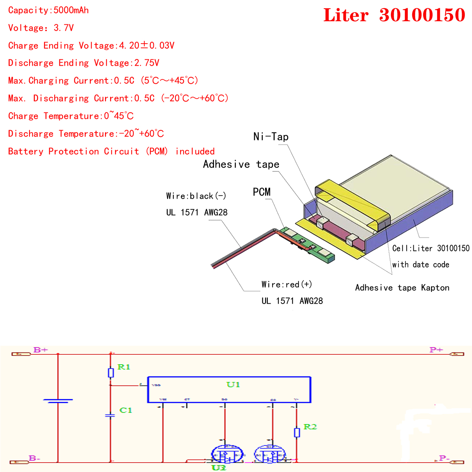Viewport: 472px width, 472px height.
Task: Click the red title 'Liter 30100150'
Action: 394,15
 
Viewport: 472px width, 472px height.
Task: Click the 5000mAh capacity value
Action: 71,10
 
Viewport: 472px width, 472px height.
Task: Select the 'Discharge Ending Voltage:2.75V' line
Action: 83,63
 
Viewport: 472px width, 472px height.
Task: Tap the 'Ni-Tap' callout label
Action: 271,137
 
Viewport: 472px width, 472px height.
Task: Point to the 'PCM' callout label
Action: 262,192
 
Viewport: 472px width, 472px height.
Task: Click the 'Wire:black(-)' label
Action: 196,196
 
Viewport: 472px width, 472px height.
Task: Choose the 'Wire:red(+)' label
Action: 286,284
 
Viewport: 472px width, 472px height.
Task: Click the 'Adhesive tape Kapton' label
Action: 402,288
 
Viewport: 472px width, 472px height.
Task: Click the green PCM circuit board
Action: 311,246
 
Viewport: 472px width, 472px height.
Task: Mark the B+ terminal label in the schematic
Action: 41,350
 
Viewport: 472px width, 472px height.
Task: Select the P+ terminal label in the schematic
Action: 436,350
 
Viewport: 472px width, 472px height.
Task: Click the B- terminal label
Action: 35,458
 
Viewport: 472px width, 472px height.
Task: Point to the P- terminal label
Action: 444,458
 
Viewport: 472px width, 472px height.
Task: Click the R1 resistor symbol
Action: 111,372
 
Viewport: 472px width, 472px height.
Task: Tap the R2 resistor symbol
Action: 297,433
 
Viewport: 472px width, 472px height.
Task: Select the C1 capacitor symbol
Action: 111,415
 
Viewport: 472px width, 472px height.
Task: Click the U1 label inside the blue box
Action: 233,385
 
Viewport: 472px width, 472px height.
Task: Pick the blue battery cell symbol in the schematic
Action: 58,401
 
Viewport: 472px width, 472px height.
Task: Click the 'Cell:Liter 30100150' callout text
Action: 431,248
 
